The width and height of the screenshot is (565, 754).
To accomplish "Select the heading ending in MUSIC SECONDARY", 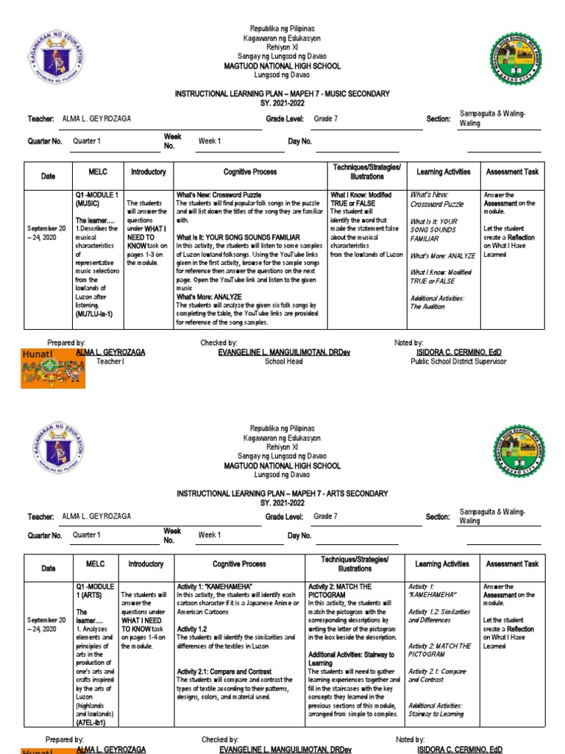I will click(282, 94).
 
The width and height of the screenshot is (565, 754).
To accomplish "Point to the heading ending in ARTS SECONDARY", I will click(282, 493).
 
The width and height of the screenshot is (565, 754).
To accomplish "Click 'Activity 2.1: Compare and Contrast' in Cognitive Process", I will click(224, 672).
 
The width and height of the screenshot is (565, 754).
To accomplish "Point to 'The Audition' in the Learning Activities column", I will click(427, 306).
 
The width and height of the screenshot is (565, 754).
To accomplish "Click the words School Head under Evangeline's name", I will click(283, 362).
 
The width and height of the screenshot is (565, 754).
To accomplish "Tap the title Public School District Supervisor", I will click(458, 362).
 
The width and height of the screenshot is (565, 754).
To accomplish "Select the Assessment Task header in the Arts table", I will click(511, 564).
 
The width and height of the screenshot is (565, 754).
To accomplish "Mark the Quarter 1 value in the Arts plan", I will click(87, 535).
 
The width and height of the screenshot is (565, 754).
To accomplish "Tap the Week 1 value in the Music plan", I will click(210, 141).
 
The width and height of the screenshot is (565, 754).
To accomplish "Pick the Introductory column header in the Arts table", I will click(146, 564).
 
